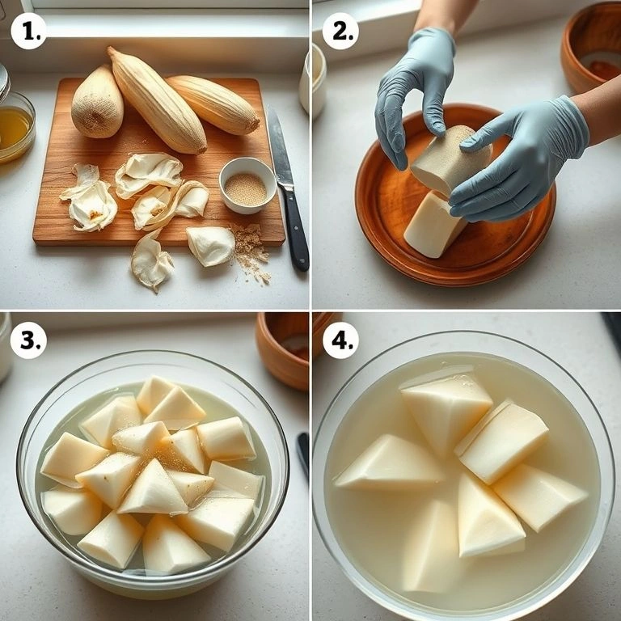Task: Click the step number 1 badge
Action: (x=28, y=31)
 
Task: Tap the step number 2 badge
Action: (x=340, y=31)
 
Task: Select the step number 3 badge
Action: (x=28, y=340)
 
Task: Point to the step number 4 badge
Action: (x=340, y=340)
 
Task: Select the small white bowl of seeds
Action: (x=247, y=185)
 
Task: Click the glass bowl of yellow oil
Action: (x=16, y=128)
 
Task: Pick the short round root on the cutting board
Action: (x=97, y=103)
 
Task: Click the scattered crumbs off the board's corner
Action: (x=251, y=251)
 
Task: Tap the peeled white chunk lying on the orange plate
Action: (x=433, y=225)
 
